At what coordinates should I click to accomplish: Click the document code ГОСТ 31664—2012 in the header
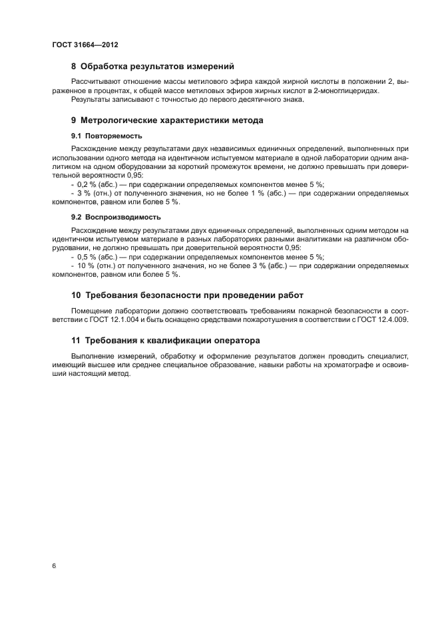[x=85, y=45]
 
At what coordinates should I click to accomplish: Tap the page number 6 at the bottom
[x=54, y=565]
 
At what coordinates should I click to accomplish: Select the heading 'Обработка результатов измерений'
[x=157, y=66]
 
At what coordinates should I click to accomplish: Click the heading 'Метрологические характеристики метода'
[x=172, y=120]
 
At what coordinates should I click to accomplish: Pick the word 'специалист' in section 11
[x=391, y=357]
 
